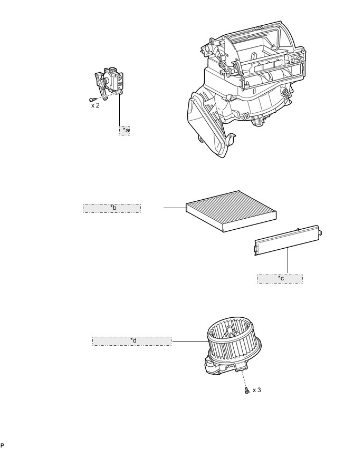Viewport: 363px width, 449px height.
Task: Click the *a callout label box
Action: point(125,130)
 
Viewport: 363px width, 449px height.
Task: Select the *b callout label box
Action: point(112,208)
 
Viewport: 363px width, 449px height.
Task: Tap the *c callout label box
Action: point(280,278)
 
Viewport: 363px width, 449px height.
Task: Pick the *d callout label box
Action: point(132,341)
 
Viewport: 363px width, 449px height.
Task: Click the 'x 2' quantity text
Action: point(95,105)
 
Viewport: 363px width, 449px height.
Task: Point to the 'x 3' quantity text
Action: point(256,390)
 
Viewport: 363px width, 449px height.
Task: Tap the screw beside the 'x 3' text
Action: point(247,390)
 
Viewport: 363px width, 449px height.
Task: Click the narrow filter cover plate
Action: point(288,241)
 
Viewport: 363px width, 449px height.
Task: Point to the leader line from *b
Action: point(174,208)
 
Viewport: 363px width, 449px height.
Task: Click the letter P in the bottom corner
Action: point(2,445)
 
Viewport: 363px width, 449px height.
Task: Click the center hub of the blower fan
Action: point(230,331)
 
